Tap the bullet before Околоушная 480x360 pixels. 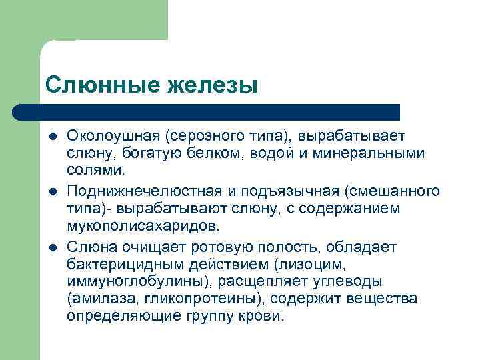(x=51, y=137)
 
